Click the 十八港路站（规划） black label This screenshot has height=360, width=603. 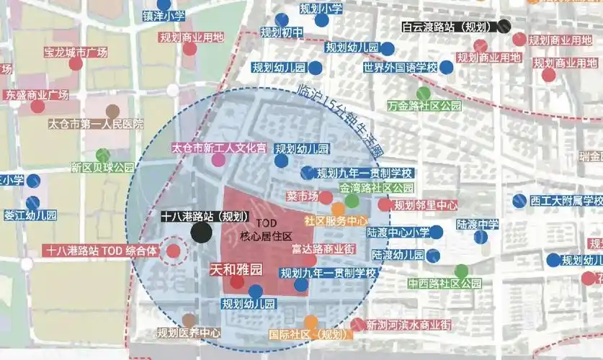click(x=205, y=216)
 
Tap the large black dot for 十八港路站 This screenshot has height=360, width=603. click(x=202, y=233)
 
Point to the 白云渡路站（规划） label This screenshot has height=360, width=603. click(x=449, y=27)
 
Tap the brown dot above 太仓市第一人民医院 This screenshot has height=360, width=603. click(x=112, y=111)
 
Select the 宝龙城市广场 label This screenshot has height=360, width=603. click(x=75, y=52)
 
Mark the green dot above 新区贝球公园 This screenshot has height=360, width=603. click(x=103, y=154)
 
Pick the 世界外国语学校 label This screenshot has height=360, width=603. click(x=400, y=68)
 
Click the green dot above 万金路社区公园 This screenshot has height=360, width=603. click(x=424, y=92)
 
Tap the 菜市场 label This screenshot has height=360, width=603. click(x=301, y=196)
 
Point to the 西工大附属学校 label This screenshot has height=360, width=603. click(x=566, y=200)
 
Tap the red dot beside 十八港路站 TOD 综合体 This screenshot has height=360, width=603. click(x=174, y=251)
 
